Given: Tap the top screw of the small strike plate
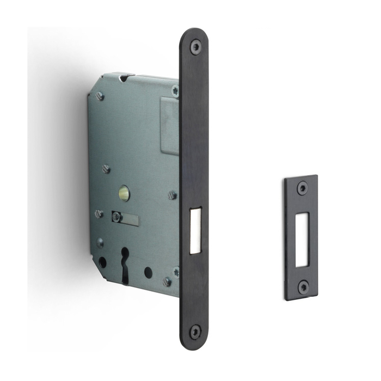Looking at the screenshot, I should click(x=302, y=189).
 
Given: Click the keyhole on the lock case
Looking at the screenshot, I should click(x=126, y=261).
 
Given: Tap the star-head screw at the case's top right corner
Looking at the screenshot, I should click(x=175, y=91).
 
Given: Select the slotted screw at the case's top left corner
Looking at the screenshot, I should click(x=100, y=96).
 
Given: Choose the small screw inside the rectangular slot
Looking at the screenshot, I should click(x=116, y=217).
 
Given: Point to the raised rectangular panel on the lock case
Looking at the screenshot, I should click(x=169, y=125).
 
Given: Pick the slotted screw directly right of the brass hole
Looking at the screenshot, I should click(x=172, y=194).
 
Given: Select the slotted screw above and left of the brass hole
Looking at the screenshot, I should click(x=107, y=169).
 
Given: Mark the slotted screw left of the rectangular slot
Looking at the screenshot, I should click(x=99, y=214).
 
